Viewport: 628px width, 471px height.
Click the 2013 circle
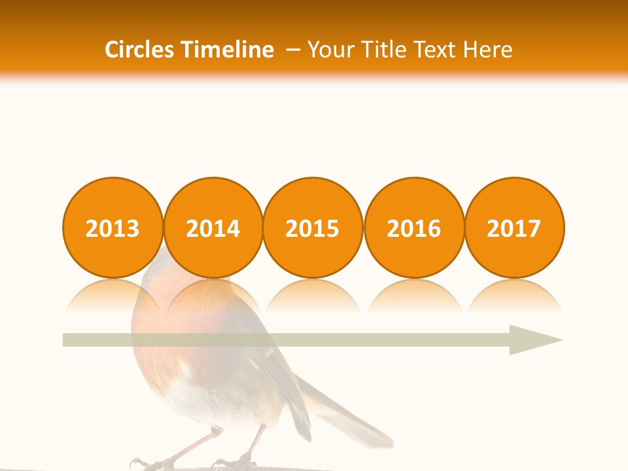[x=113, y=228]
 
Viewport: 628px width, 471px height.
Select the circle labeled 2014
[x=213, y=228]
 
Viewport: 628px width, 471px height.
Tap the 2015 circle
[x=313, y=228]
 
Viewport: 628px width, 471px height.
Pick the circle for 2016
[x=414, y=228]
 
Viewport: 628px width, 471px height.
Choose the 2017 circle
[x=514, y=228]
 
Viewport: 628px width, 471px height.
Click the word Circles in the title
[x=141, y=50]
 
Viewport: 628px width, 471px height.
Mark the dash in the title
[x=294, y=50]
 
